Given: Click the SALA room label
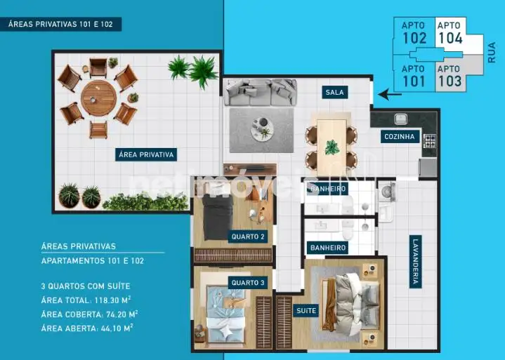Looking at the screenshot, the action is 334,93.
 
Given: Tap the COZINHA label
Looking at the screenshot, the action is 400,136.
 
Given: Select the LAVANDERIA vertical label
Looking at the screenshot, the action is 416,262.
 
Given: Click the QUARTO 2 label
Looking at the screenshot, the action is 248,236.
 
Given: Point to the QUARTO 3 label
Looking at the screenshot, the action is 248,283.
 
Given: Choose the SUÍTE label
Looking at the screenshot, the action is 306,311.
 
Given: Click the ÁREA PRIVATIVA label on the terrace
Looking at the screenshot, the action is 146,155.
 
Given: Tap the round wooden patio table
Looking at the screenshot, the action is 98,98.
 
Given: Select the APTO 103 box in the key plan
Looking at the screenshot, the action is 450,76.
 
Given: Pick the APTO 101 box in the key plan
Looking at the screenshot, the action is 414,76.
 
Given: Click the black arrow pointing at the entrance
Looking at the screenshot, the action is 390,95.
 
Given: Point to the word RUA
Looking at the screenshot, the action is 492,53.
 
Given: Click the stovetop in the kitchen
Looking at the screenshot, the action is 429,141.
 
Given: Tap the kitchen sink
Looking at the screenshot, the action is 400,119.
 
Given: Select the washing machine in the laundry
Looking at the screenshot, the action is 387,192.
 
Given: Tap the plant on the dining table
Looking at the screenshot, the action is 332,147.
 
